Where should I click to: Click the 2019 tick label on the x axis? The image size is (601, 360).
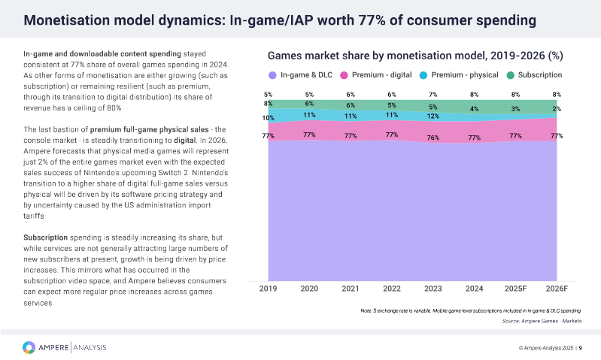269,289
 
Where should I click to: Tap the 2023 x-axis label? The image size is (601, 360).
433,289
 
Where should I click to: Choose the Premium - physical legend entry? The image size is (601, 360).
458,75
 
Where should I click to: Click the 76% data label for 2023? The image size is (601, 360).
433,138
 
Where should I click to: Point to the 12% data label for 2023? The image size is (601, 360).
433,116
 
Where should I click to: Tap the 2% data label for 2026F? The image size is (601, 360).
556,109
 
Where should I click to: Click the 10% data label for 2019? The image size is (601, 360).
269,118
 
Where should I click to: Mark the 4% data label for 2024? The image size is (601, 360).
474,109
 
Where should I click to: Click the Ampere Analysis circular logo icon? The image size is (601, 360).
29,346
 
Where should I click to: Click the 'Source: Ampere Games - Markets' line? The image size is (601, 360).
542,321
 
